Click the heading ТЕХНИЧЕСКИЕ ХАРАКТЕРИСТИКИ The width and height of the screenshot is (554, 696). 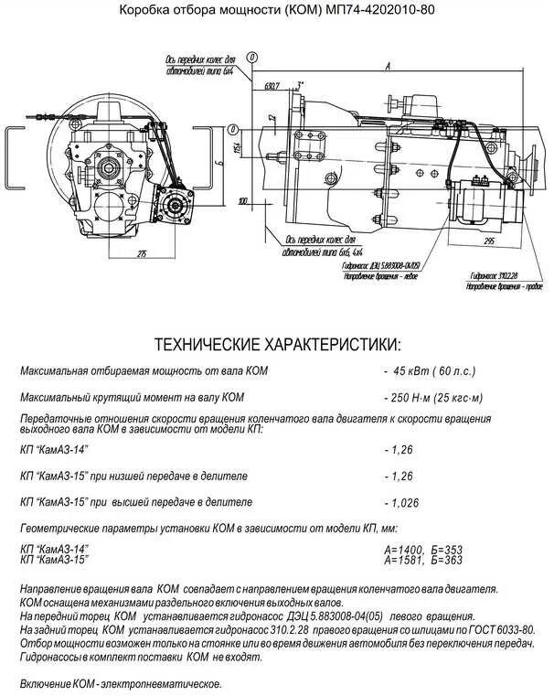277,345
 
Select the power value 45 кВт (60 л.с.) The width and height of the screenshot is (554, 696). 435,371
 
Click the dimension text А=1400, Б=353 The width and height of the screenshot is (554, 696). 424,550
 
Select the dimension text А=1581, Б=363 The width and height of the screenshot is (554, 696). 424,560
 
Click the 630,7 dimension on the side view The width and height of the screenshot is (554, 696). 271,86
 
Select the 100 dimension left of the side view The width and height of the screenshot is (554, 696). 241,199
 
